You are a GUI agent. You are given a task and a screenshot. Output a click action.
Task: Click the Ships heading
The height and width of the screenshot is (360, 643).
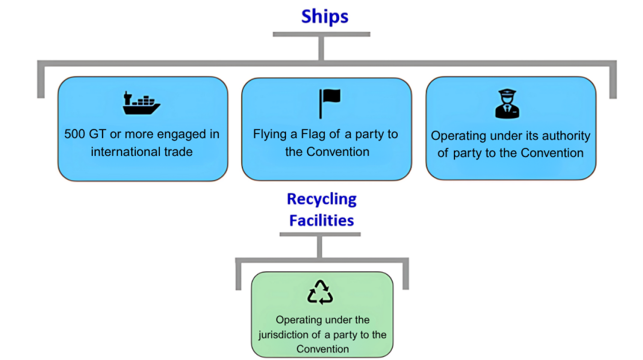324,17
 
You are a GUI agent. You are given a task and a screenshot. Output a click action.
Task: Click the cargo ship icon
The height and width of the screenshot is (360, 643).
141,103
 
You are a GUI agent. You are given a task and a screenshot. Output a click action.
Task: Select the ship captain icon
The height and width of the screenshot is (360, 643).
508,104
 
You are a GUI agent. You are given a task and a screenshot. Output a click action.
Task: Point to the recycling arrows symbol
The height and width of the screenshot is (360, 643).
320,293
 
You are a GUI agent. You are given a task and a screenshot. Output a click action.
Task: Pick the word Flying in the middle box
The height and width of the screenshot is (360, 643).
270,134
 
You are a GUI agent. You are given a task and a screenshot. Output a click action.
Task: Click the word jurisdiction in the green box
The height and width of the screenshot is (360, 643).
282,335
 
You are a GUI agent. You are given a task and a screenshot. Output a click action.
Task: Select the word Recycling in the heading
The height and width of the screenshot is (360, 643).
322,199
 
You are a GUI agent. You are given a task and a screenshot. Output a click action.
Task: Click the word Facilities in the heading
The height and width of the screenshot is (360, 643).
321,220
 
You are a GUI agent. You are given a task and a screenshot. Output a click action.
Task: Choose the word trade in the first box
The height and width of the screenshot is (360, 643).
178,152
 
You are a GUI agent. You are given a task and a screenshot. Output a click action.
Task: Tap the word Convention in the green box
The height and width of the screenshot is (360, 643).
322,349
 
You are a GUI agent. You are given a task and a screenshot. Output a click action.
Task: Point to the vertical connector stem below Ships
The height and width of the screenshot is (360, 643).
321,48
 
